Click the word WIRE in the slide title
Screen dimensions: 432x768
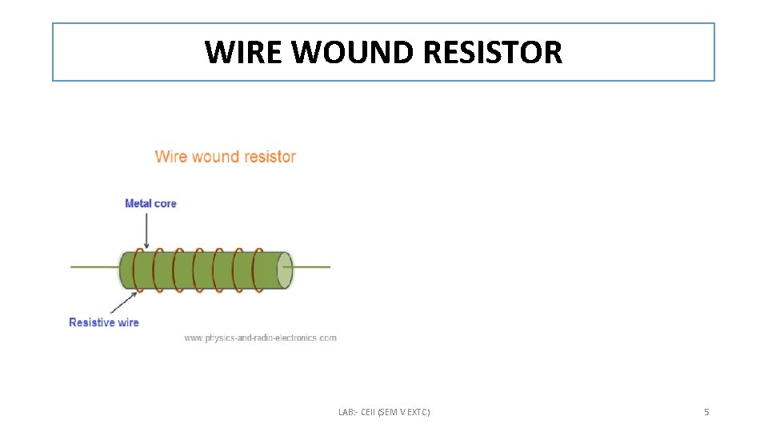245,53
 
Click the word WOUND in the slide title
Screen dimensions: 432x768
353,53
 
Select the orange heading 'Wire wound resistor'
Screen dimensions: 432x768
225,157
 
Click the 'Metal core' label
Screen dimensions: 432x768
150,203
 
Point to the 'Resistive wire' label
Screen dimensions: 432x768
104,322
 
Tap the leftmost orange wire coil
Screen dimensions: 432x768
139,270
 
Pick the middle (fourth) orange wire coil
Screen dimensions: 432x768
198,270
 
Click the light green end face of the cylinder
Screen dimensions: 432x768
284,270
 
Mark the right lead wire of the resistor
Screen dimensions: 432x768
312,266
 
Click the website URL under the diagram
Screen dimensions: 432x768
261,338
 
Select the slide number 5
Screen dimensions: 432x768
706,412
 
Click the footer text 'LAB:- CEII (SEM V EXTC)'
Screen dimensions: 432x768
384,412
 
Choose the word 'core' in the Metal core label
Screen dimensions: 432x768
165,203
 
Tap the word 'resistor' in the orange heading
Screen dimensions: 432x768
270,157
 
